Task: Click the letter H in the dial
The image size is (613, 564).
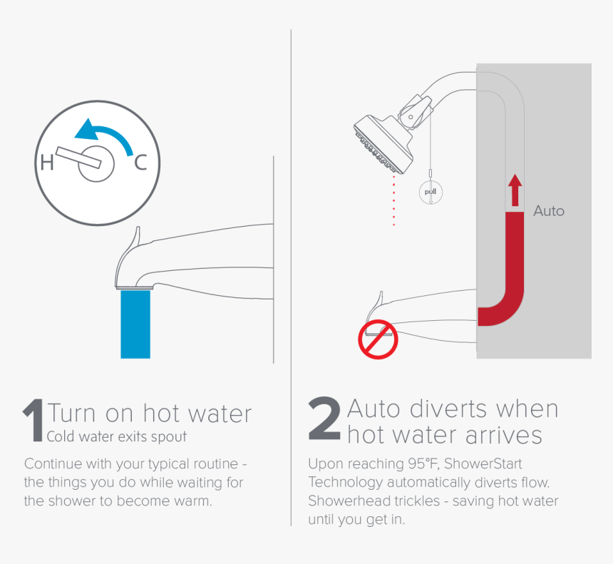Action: pos(47,163)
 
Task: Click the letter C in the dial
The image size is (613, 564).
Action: pos(140,163)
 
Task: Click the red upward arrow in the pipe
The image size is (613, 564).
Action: pos(515,190)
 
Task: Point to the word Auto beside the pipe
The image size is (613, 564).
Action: pos(548,211)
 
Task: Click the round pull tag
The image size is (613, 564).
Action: pos(430,192)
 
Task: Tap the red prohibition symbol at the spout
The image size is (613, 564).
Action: pos(377,339)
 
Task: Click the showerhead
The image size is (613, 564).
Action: pos(385,142)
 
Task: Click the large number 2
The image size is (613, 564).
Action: pos(324,421)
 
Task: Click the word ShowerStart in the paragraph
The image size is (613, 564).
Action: pos(483,463)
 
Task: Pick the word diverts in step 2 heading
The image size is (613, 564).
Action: pos(452,409)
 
